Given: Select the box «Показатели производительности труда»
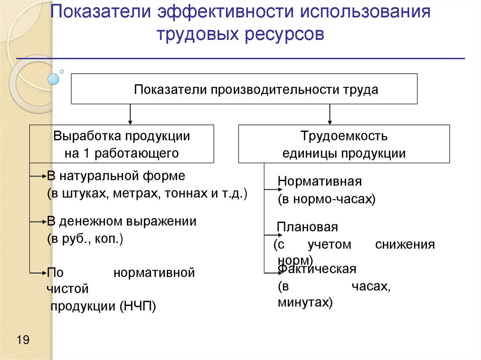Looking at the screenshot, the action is click(244, 89).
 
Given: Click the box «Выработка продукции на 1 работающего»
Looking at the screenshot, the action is click(122, 144).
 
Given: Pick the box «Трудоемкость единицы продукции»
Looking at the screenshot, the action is click(344, 144).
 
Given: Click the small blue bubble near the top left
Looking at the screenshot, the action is click(54, 79).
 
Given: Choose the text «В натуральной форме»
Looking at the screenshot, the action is click(116, 176).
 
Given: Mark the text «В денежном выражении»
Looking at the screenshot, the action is click(122, 222).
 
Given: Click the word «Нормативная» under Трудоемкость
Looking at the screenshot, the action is click(319, 182).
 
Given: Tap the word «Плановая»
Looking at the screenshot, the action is click(308, 227).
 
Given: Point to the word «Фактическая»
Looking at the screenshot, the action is click(318, 269).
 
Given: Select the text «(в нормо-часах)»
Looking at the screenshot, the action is click(326, 199).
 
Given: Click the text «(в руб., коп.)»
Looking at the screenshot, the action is click(85, 239).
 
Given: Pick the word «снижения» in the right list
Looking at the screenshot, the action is click(405, 245).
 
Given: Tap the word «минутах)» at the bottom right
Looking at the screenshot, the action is click(305, 303).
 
